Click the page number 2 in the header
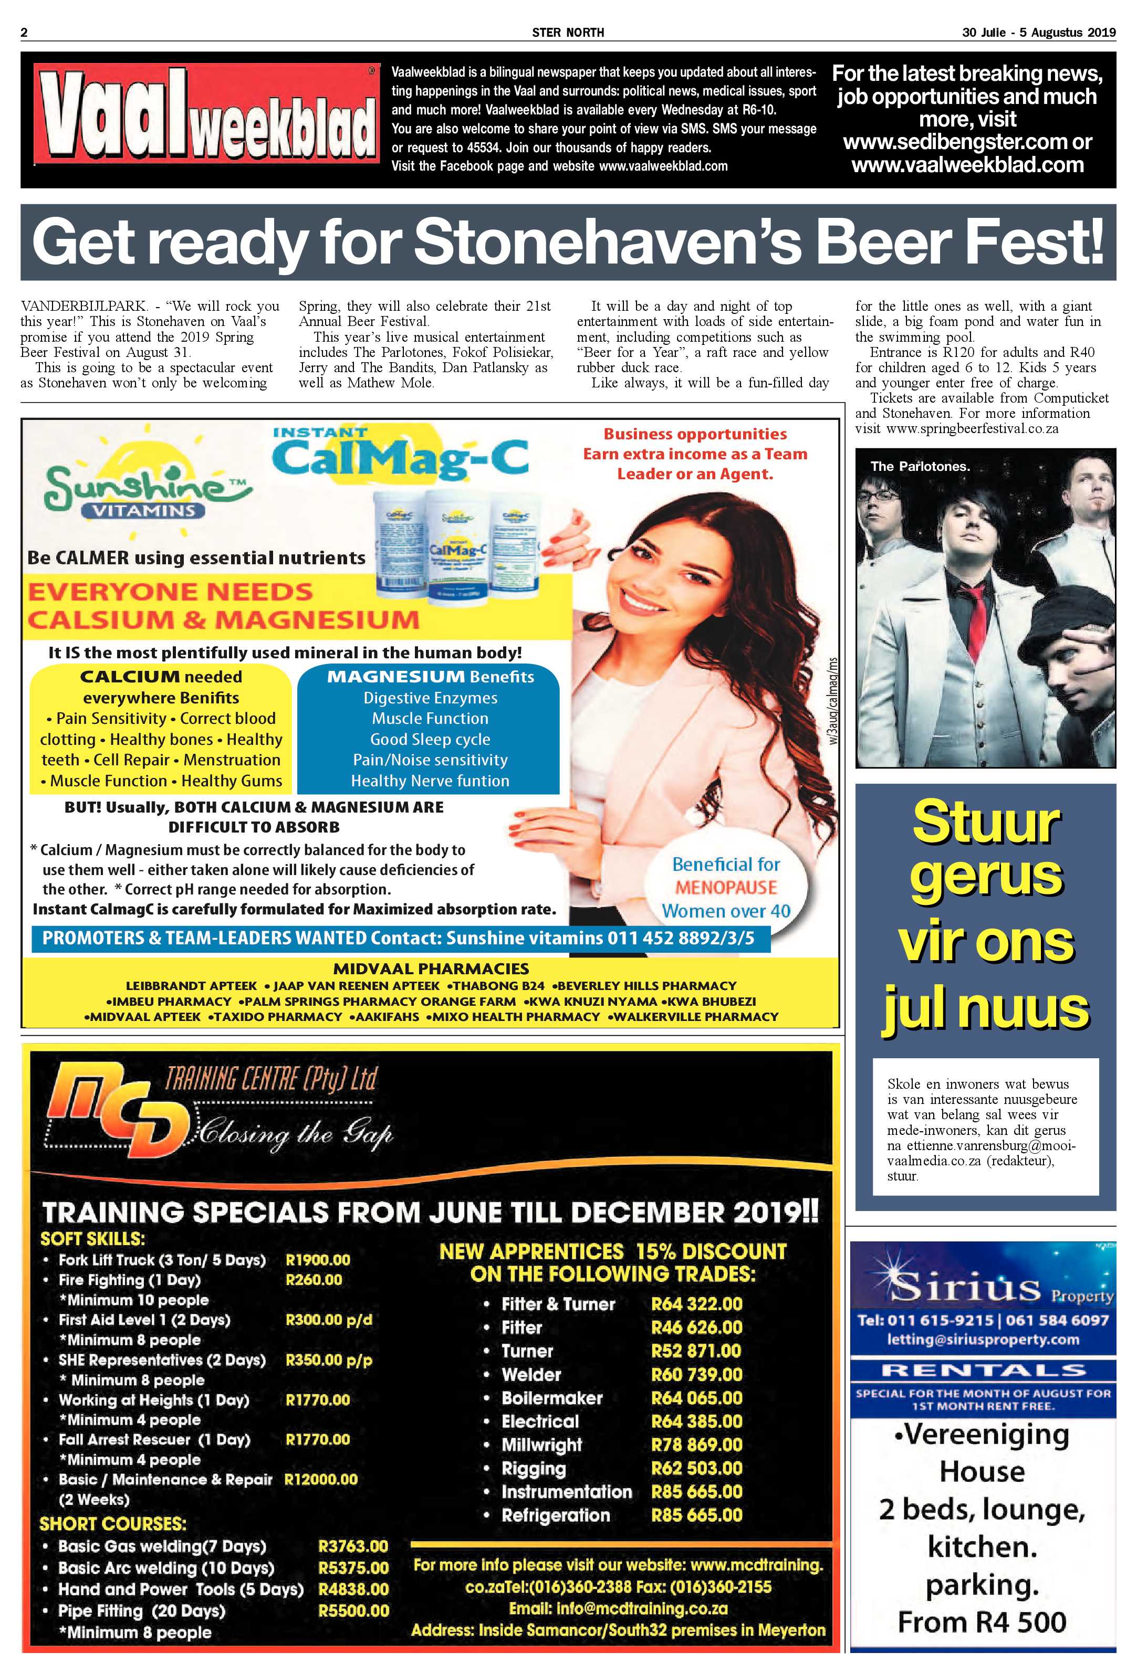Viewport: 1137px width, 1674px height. pos(25,33)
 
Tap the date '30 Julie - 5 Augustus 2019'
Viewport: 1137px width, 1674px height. pos(1038,33)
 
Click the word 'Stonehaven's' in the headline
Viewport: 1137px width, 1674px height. pos(608,242)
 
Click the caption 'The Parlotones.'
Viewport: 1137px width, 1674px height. pos(920,467)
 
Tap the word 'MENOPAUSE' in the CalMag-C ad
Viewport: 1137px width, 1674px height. pos(726,888)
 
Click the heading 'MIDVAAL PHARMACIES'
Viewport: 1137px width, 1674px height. pos(431,969)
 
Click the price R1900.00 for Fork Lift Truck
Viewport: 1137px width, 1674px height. pos(318,1260)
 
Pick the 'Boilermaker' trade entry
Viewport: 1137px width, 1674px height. pos(552,1397)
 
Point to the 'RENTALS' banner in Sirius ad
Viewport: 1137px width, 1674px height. pos(983,1370)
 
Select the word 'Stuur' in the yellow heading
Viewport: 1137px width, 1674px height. pos(986,822)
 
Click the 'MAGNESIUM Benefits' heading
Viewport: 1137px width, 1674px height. pos(430,677)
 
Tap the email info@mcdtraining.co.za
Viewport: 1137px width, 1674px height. pos(618,1608)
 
